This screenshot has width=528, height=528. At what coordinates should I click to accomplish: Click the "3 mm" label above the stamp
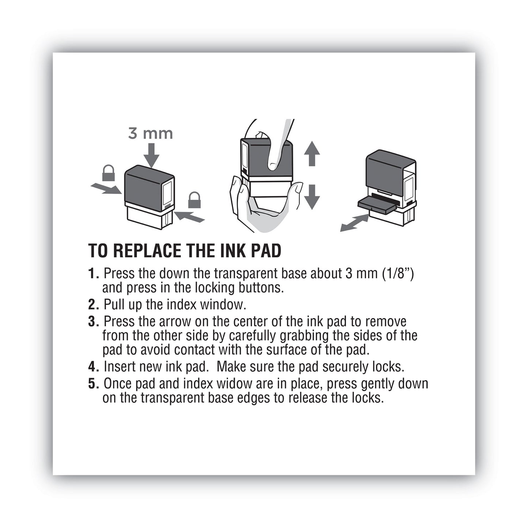click(150, 133)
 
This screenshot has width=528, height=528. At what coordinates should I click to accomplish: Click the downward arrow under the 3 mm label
click(151, 156)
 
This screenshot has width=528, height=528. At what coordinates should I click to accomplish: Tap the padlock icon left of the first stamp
click(109, 173)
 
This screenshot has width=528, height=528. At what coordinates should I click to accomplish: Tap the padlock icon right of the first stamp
click(194, 200)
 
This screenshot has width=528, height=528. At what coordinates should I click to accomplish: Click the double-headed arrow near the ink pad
click(354, 223)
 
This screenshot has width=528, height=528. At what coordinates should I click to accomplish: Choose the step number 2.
click(94, 304)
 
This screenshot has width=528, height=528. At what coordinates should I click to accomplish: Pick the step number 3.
click(94, 322)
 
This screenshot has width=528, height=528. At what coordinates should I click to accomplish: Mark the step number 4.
click(94, 366)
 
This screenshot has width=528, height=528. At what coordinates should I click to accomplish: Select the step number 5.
click(94, 384)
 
